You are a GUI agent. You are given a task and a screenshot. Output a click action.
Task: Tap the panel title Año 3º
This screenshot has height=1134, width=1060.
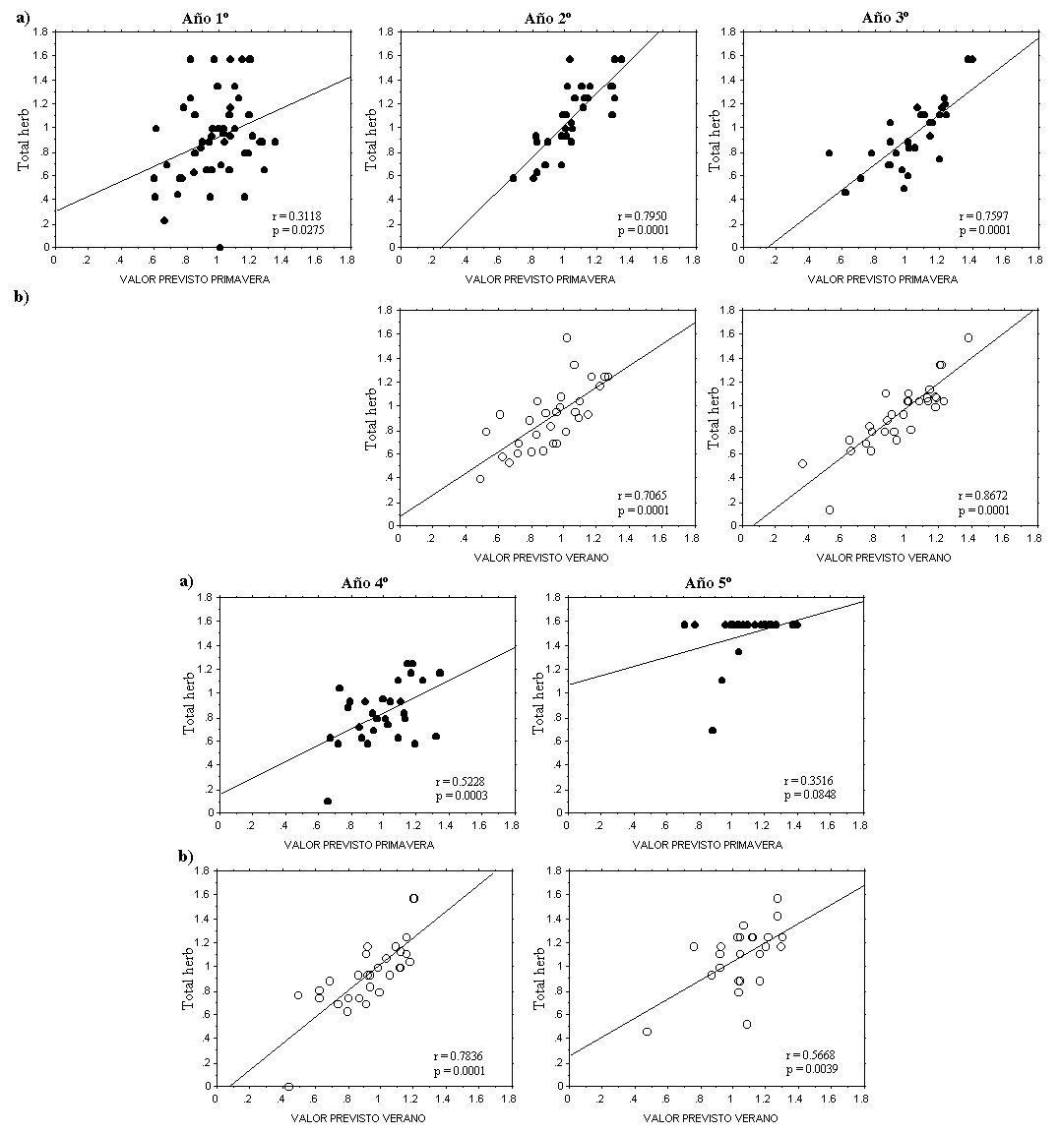[x=887, y=18]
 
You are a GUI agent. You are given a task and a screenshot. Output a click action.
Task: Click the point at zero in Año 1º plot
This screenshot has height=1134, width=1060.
[x=219, y=248]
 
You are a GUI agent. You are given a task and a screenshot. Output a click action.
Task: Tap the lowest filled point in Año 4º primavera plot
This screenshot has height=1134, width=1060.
[x=328, y=801]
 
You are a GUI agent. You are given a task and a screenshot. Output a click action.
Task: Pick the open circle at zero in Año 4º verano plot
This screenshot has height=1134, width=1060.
[x=288, y=1087]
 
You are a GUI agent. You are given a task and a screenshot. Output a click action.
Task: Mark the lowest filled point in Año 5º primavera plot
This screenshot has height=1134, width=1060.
[x=713, y=730]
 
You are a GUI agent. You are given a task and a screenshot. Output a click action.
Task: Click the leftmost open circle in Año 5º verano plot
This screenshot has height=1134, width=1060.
[x=647, y=1031]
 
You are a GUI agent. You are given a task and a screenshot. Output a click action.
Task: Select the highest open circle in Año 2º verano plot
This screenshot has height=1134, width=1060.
[x=567, y=337]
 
